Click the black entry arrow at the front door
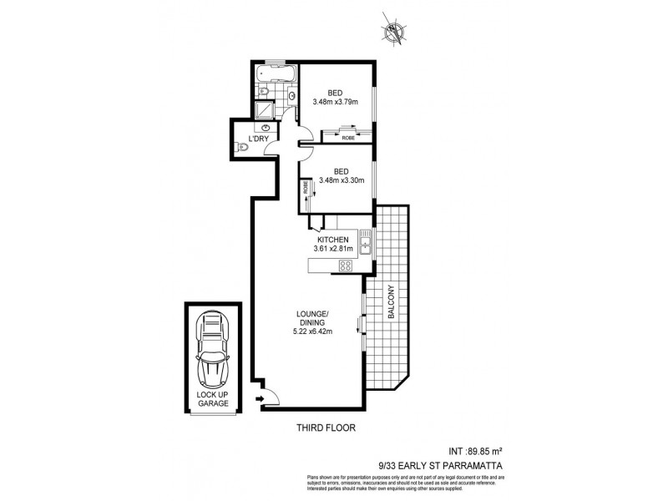(x=260, y=400)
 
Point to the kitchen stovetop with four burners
(x=344, y=266)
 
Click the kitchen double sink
(x=364, y=245)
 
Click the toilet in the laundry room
(x=243, y=148)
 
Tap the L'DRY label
(x=247, y=138)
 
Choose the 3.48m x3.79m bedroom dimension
(x=335, y=102)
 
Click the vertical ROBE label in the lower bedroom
(x=306, y=188)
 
